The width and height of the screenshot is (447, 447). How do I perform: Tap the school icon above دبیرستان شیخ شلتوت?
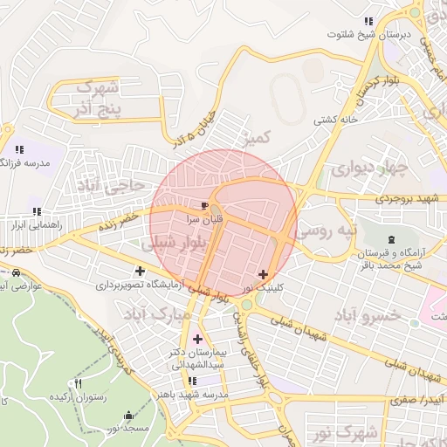click(368, 21)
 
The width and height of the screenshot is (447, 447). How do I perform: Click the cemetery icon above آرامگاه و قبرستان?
click(389, 239)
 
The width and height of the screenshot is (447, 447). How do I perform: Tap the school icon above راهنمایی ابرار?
click(36, 211)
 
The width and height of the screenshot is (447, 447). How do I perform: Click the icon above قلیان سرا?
click(205, 206)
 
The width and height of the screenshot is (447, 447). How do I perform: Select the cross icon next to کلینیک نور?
click(263, 274)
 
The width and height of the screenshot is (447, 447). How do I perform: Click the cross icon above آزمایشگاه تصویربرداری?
click(140, 271)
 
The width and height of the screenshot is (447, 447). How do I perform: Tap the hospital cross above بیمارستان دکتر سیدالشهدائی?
click(197, 339)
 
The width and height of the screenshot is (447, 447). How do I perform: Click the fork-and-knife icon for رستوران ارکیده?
click(79, 383)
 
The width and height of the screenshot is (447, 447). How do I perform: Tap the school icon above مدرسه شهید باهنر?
click(192, 381)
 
